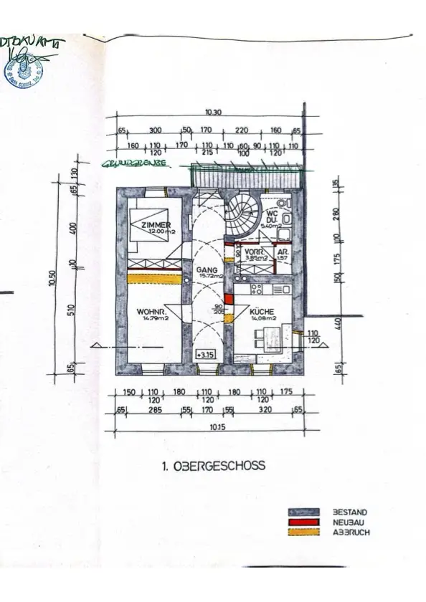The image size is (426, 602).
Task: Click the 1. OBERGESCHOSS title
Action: tap(213, 465)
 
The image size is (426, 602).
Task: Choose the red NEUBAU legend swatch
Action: tap(300, 522)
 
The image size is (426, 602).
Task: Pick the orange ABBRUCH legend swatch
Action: tap(300, 533)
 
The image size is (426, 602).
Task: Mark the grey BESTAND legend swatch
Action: tap(300, 512)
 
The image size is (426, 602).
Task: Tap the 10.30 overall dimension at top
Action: tap(212, 113)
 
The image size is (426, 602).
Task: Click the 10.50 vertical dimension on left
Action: tap(51, 277)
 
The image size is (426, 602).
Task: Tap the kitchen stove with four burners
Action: tap(259, 290)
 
